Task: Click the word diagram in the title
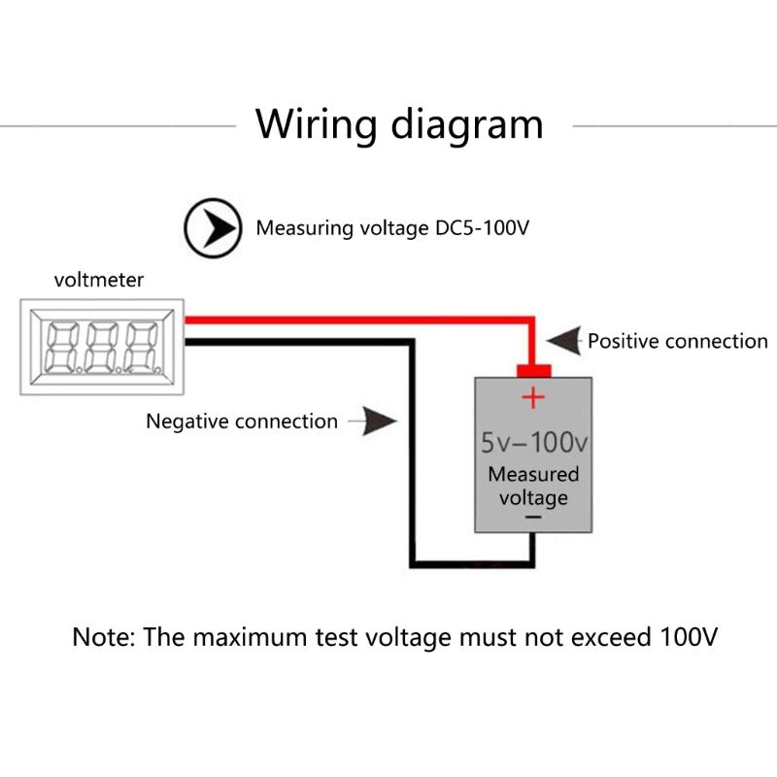[x=467, y=126]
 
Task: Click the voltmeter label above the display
[x=98, y=281]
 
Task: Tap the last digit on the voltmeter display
[x=142, y=347]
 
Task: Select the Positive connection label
[x=677, y=341]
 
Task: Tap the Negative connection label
[x=241, y=422]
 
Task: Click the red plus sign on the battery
[x=533, y=397]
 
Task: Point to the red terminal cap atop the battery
[x=533, y=371]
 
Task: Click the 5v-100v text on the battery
[x=534, y=444]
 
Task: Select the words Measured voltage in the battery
[x=533, y=486]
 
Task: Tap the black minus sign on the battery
[x=533, y=519]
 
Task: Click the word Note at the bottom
[x=104, y=638]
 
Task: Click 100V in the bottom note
[x=688, y=638]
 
